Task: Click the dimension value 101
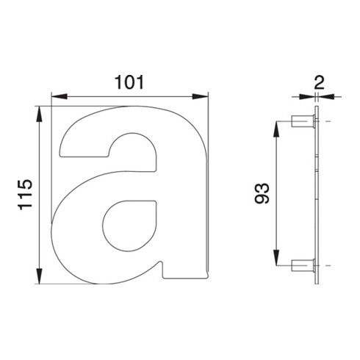tap(129, 82)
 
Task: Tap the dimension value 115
tap(25, 195)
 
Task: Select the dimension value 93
tap(262, 193)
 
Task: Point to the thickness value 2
tap(319, 83)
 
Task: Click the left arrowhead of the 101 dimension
tap(60, 96)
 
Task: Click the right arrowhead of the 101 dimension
tap(200, 96)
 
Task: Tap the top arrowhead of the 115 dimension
tap(39, 114)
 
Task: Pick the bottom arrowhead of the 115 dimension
tap(39, 276)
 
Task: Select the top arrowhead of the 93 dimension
tap(276, 129)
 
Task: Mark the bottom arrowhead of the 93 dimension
tap(276, 258)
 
